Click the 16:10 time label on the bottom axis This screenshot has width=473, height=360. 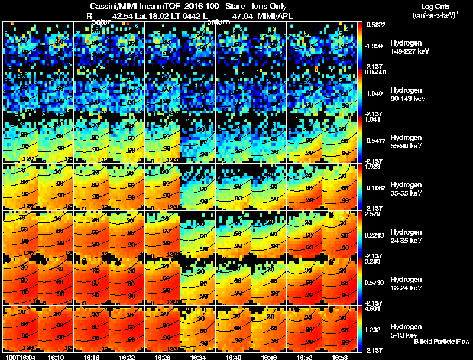tap(56, 358)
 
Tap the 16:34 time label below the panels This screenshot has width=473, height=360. tap(198, 358)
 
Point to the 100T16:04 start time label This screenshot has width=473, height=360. tap(20, 358)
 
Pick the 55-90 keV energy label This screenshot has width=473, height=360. tap(406, 146)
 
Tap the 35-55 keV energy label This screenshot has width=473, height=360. tap(406, 193)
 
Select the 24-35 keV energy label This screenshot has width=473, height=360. tap(406, 241)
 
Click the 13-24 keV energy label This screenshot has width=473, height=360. tap(406, 288)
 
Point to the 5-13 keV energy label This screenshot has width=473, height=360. tap(404, 335)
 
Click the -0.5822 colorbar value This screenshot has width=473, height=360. tap(375, 25)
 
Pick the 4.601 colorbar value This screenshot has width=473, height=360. tap(373, 309)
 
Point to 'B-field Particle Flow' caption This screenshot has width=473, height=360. tap(442, 342)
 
